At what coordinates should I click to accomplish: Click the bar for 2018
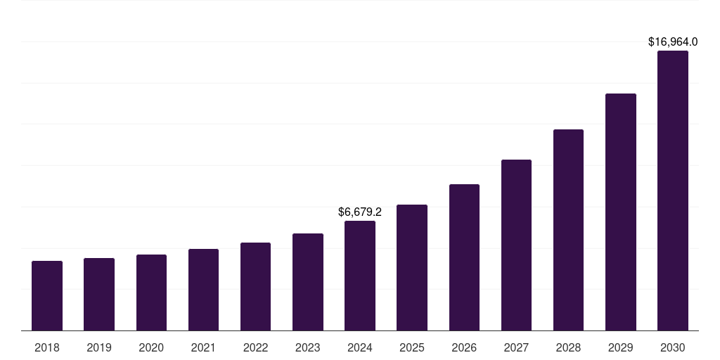coord(47,295)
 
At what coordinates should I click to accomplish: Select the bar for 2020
coord(151,292)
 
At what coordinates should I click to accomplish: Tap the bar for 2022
coord(255,286)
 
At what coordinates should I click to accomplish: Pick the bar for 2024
coord(360,276)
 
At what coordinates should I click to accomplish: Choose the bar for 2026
coord(464,257)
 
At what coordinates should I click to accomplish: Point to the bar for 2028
coord(568,230)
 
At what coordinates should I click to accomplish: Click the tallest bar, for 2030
coord(673,191)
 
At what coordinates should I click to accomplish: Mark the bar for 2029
coord(621,212)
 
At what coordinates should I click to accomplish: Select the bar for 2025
coord(412,267)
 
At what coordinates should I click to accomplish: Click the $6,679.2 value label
coord(360,212)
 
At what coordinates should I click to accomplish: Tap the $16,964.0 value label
coord(673,42)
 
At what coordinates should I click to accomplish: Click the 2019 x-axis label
coord(99,347)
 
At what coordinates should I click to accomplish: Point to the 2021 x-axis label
coord(203,347)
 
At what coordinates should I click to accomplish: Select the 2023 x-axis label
coord(308,347)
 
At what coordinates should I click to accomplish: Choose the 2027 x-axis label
coord(516,347)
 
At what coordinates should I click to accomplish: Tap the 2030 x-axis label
coord(673,347)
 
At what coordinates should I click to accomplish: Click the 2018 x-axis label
coord(47,347)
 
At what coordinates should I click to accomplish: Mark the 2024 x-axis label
coord(360,347)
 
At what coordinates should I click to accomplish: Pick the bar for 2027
coord(516,245)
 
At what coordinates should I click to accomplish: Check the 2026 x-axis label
coord(464,347)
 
